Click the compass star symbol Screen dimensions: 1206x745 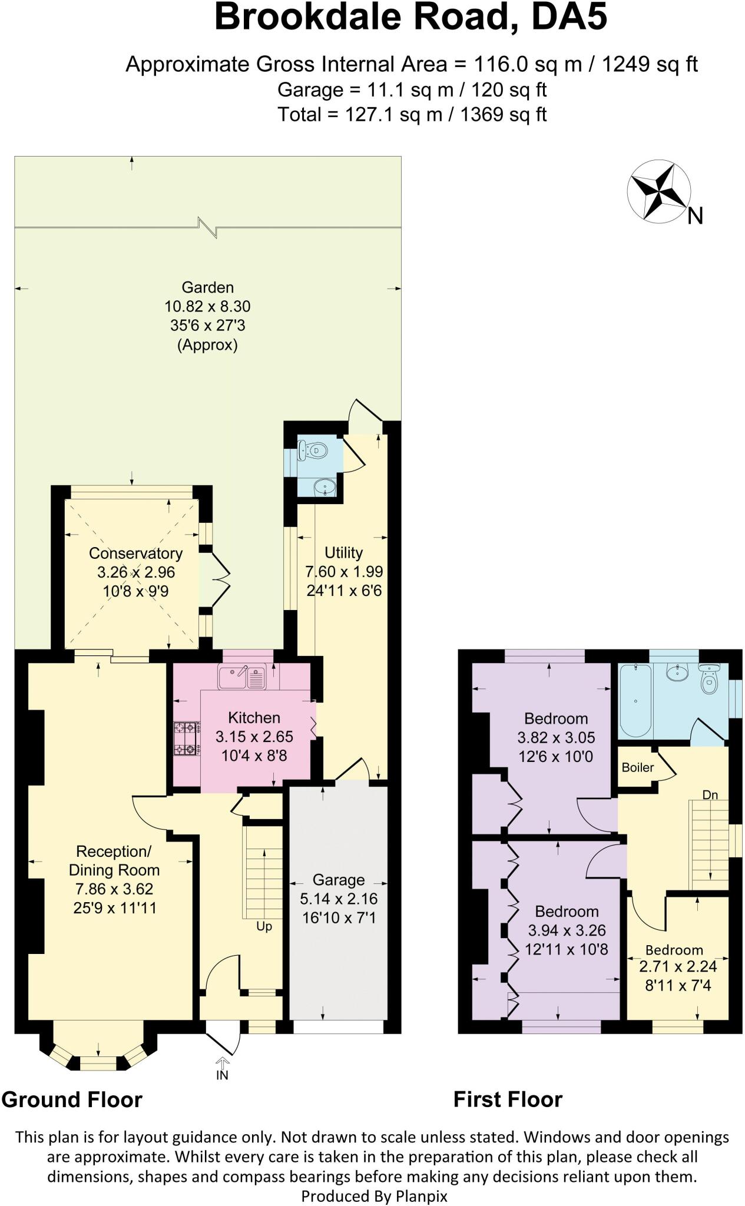(x=658, y=191)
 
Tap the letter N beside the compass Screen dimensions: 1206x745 (x=695, y=217)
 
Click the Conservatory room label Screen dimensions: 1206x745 (x=135, y=553)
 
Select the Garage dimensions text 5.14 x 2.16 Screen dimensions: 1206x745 (x=339, y=899)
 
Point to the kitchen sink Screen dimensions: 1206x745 (x=242, y=678)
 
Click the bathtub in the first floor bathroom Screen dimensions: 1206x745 (x=635, y=700)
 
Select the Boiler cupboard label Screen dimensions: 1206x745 (x=637, y=767)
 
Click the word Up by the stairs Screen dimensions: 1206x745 (x=264, y=926)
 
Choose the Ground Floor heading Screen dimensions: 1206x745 (x=72, y=1100)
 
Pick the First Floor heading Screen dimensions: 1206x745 (x=508, y=1100)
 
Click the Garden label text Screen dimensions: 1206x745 (x=207, y=287)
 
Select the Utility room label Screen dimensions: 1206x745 (x=343, y=552)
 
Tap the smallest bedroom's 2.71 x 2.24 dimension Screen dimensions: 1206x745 (x=678, y=966)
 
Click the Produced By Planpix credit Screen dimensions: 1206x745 (x=374, y=1196)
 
